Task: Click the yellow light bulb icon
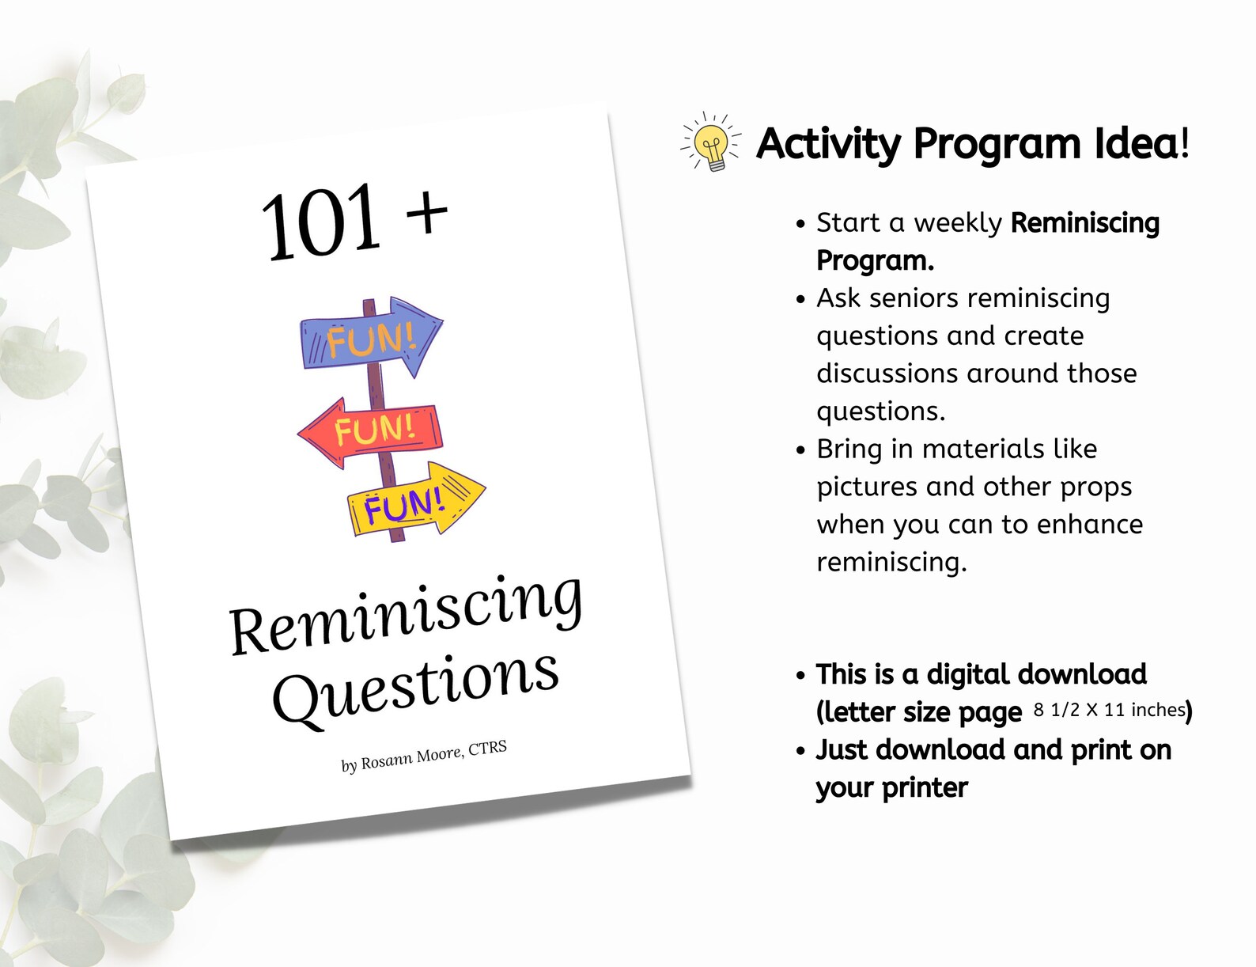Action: (x=712, y=143)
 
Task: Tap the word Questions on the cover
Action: (x=416, y=684)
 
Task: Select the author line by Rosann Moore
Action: (x=423, y=756)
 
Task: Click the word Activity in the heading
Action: (x=828, y=144)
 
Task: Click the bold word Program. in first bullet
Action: (x=875, y=260)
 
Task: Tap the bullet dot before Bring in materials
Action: (x=800, y=450)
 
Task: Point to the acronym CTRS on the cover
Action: (x=487, y=748)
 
